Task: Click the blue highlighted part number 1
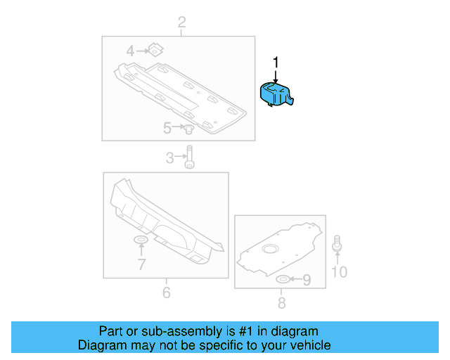point(278,96)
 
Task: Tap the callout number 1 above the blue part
point(276,63)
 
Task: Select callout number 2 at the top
point(181,23)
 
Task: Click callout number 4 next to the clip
point(130,51)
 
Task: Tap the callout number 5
point(167,128)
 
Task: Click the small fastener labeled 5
point(189,129)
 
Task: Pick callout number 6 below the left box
point(167,292)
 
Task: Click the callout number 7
point(141,264)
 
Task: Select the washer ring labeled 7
point(141,242)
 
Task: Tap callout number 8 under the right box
point(281,303)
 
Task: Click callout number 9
point(307,281)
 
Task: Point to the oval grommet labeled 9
point(283,281)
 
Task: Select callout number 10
point(339,271)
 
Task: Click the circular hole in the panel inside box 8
point(270,249)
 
